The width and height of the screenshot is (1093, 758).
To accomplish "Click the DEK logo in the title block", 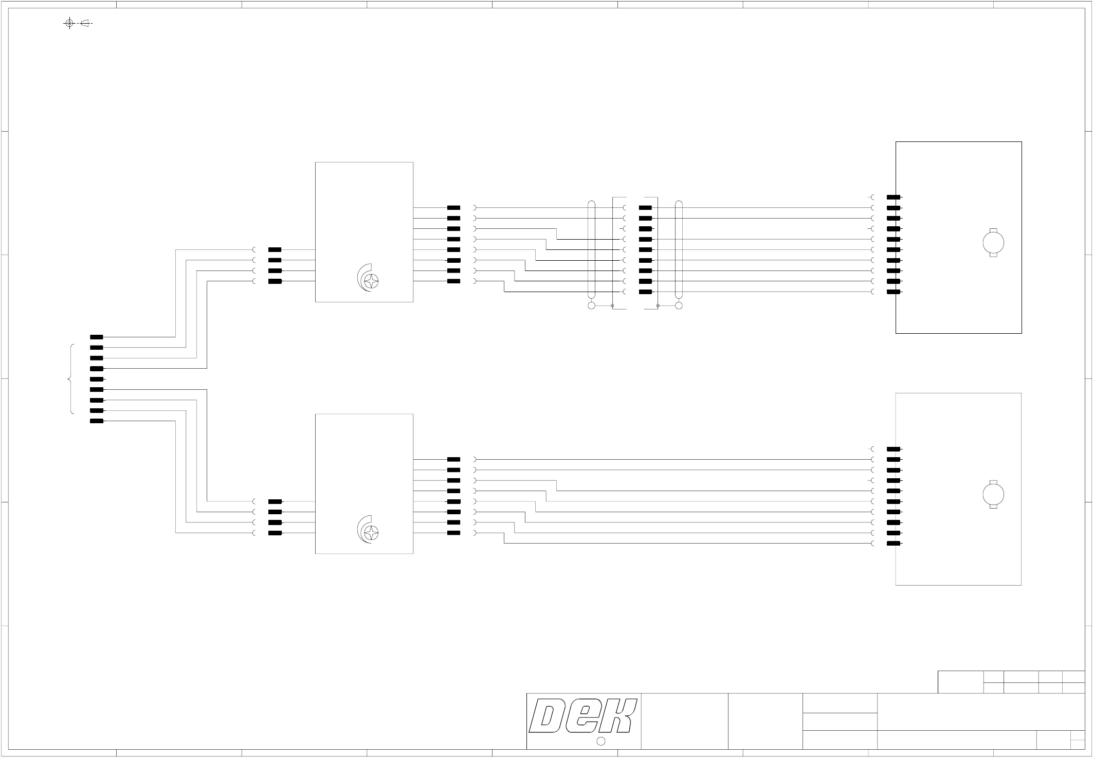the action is coord(583,716).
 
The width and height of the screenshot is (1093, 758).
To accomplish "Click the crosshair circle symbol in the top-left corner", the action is coord(69,23).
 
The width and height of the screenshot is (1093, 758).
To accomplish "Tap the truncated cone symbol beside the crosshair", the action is coord(85,23).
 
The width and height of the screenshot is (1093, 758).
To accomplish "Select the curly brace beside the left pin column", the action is coord(71,379).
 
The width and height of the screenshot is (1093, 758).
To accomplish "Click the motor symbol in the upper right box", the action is coord(993,243).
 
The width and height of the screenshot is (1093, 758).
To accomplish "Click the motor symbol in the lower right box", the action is coord(993,495).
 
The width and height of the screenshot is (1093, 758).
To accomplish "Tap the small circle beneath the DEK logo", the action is coord(600,741).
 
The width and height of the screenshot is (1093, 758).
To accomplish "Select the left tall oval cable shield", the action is coord(591,250).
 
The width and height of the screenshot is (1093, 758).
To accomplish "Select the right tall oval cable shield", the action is coord(679,250).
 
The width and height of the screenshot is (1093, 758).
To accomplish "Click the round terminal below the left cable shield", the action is coord(591,306).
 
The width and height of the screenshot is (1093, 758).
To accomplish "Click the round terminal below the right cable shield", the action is coord(679,306).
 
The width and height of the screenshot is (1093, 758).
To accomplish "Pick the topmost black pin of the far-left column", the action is coord(97,337).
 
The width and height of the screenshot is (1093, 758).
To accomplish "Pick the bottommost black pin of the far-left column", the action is coord(97,421).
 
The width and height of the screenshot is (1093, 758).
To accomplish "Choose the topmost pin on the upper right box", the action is coord(894,197).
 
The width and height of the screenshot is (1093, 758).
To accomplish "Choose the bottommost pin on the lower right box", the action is coord(894,544).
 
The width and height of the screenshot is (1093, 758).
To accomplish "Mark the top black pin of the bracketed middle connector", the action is coord(645,208).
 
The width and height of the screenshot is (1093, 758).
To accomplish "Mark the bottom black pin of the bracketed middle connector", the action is coord(645,292).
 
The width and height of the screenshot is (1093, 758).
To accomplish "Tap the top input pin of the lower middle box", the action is coord(275,501).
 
